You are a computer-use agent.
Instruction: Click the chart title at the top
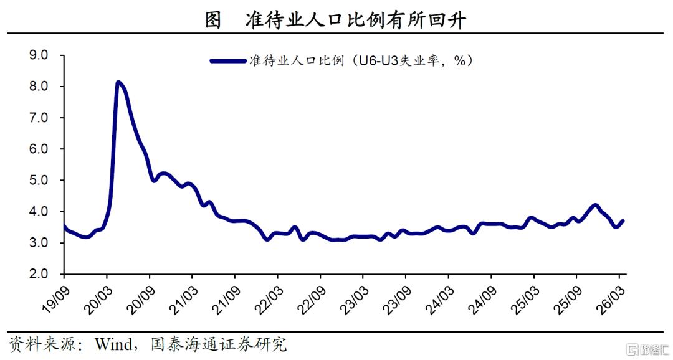(335, 19)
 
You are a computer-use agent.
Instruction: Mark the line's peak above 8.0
(118, 82)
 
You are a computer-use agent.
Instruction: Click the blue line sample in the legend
(228, 61)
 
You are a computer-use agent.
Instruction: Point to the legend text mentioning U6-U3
(361, 61)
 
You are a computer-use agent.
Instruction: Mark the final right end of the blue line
(623, 221)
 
